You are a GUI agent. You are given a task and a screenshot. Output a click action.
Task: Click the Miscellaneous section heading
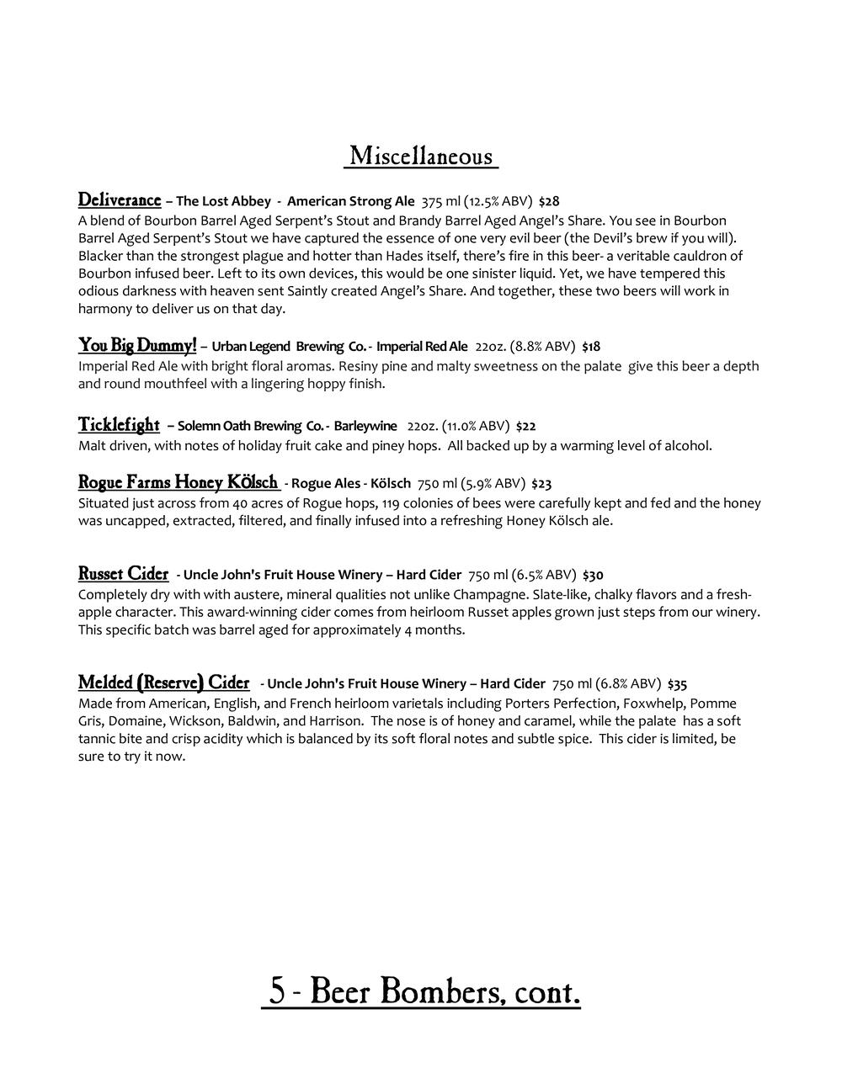[421, 157]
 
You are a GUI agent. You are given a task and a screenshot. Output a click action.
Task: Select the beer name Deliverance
[120, 200]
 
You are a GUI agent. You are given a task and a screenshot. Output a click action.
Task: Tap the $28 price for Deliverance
[549, 201]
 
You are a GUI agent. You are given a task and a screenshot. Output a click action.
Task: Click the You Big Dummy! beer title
[137, 345]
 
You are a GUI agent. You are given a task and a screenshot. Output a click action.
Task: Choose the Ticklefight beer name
[119, 424]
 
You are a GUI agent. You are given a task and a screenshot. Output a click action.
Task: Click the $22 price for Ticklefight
[525, 426]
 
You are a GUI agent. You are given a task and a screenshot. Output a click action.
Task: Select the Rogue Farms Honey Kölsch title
[179, 482]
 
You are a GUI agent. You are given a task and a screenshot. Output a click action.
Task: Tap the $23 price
[541, 484]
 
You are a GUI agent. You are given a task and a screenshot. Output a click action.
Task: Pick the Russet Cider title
[124, 574]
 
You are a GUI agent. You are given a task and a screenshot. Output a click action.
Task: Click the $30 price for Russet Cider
[593, 576]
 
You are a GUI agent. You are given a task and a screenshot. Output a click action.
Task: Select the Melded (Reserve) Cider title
[164, 683]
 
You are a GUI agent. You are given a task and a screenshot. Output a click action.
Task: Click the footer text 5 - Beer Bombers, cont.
[421, 991]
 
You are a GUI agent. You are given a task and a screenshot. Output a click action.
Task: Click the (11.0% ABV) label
[476, 426]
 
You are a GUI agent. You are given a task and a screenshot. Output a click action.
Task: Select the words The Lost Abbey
[223, 201]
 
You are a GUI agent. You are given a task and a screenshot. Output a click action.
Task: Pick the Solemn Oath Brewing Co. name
[251, 426]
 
